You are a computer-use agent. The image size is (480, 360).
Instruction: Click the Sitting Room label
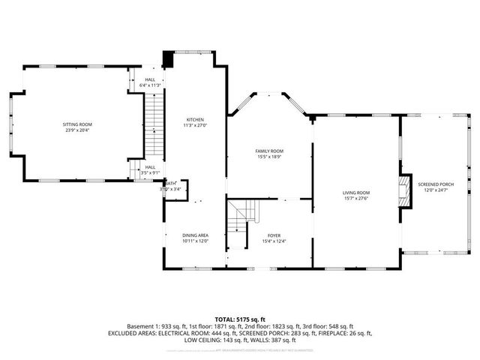point(76,124)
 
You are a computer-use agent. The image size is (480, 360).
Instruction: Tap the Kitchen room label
point(195,120)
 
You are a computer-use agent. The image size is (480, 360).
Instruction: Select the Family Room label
point(271,151)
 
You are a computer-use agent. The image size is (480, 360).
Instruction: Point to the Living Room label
point(356,193)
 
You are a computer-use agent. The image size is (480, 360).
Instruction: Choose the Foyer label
point(274,235)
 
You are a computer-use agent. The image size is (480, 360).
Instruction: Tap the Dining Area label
point(195,235)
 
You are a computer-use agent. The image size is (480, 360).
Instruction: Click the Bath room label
point(171,184)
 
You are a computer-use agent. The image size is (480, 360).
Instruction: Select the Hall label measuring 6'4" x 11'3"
point(150,79)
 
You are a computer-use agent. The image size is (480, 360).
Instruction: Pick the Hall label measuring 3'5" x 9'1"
point(150,167)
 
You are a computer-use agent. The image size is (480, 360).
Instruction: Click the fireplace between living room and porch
point(403,191)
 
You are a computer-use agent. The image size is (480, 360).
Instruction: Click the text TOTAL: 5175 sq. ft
point(240,319)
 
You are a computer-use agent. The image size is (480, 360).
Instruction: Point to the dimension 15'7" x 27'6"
point(356,198)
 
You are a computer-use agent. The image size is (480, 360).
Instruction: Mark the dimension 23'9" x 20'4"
point(76,130)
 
